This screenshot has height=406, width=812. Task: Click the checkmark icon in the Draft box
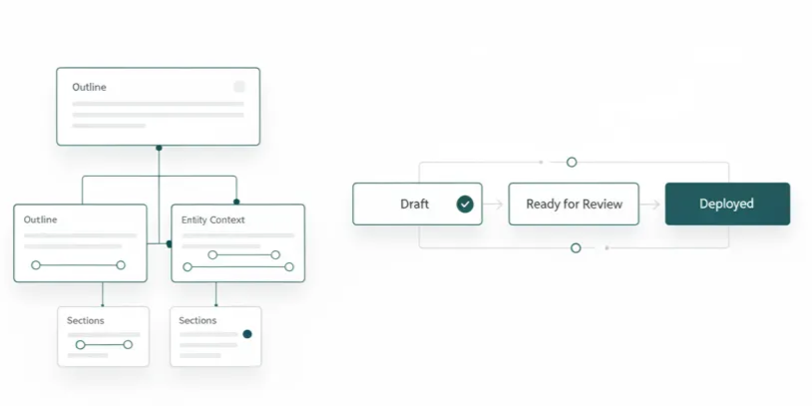465,204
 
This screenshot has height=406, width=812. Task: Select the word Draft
414,204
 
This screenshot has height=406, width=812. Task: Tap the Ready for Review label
574,204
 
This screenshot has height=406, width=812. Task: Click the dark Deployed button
727,203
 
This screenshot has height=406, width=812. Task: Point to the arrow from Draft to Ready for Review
494,204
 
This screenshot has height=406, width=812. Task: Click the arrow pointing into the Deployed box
650,204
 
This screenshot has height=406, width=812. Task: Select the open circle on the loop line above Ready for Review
572,162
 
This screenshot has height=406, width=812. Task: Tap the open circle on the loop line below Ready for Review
576,248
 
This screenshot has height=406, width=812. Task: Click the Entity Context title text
212,220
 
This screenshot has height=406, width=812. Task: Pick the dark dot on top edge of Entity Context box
236,202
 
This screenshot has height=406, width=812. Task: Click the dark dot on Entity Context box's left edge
169,244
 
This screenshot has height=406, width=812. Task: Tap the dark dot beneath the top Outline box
159,148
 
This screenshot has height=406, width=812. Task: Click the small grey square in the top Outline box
238,87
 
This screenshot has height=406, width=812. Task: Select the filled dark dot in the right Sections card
247,334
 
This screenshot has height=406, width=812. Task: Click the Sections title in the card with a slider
86,320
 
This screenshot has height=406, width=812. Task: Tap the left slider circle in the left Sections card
80,345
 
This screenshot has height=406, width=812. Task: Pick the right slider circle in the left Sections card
128,345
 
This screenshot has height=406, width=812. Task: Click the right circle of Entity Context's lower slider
289,267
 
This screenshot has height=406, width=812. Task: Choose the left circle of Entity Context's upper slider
212,254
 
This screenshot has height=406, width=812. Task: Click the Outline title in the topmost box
89,87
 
